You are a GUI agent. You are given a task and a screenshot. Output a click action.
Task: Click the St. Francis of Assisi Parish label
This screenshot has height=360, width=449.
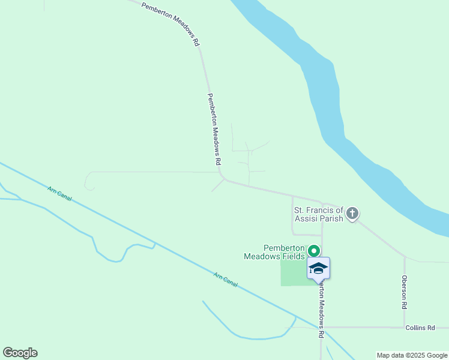(318, 214)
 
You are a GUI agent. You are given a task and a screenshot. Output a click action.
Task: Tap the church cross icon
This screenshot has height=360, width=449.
(352, 213)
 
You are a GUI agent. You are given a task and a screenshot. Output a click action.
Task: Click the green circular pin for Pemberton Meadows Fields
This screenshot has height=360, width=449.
(313, 251)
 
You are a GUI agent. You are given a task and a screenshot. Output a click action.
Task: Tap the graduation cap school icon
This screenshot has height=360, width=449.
(318, 268)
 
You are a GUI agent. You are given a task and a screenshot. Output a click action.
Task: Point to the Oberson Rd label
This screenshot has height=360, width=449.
(405, 292)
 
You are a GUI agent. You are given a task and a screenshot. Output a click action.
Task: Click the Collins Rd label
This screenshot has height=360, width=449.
(420, 328)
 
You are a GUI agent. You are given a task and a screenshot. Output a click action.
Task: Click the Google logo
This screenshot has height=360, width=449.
(20, 353)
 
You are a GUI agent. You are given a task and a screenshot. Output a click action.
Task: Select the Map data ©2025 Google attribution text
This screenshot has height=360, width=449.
(412, 355)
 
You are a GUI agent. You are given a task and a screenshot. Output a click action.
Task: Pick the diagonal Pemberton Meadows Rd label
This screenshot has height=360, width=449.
(171, 23)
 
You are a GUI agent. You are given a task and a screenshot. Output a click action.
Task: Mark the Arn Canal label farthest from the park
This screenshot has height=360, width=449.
(59, 193)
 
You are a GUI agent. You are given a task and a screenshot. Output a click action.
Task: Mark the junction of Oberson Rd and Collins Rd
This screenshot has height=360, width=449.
(405, 328)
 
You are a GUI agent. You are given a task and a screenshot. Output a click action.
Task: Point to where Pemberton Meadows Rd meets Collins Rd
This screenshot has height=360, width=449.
(321, 328)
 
